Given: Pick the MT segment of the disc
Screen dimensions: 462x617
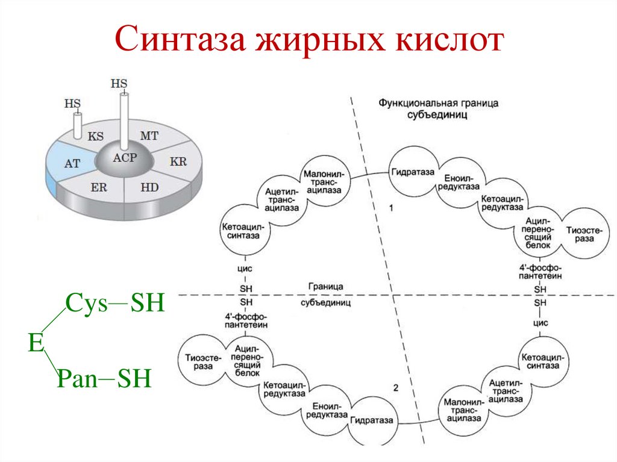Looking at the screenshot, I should click(x=149, y=136).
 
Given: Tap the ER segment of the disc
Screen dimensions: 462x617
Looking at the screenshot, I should click(x=99, y=187).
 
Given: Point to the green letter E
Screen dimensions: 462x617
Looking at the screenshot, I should click(x=36, y=343).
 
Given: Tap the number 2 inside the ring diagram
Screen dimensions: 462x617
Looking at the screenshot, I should click(x=396, y=387).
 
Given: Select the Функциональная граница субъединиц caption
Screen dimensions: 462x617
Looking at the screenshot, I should click(x=438, y=109).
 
